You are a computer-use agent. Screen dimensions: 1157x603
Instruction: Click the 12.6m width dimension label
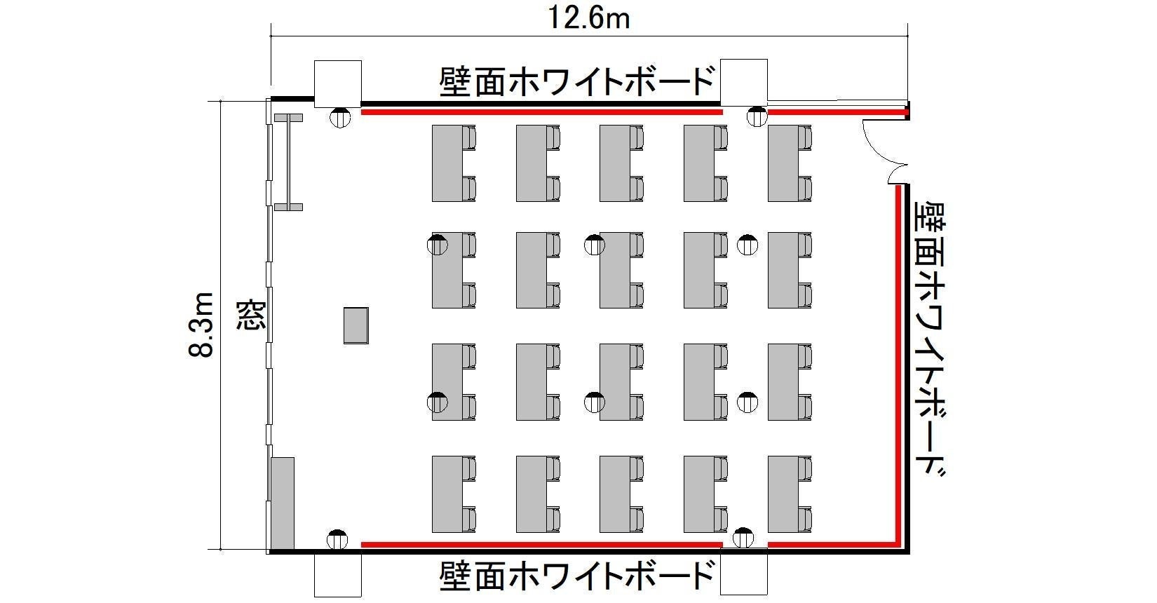coord(588,19)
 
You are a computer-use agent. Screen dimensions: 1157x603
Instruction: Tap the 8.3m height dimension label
coord(201,325)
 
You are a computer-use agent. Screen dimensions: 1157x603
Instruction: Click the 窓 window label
coord(251,315)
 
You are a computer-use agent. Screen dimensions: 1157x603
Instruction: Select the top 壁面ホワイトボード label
coord(577,81)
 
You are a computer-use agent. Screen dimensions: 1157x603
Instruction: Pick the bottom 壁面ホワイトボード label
coord(577,576)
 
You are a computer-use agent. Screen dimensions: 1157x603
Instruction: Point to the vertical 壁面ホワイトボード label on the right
coord(930,339)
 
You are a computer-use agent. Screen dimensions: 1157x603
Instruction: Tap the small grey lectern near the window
coord(356,325)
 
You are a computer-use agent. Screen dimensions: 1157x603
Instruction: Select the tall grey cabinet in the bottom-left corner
coord(283,503)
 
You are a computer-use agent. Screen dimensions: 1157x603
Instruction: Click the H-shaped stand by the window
coord(288,162)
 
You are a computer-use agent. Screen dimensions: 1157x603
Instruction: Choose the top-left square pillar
coord(338,84)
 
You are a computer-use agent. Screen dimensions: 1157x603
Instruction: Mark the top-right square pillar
coord(744,83)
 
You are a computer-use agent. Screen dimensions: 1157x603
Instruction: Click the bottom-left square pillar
coord(338,574)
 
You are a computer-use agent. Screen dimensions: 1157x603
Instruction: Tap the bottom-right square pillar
coord(744,573)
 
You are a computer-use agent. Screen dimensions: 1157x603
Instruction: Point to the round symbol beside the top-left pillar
coord(340,118)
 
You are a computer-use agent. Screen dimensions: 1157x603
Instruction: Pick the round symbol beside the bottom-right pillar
coord(743,538)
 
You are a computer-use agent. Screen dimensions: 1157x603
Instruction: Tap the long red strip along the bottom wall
coord(541,545)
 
